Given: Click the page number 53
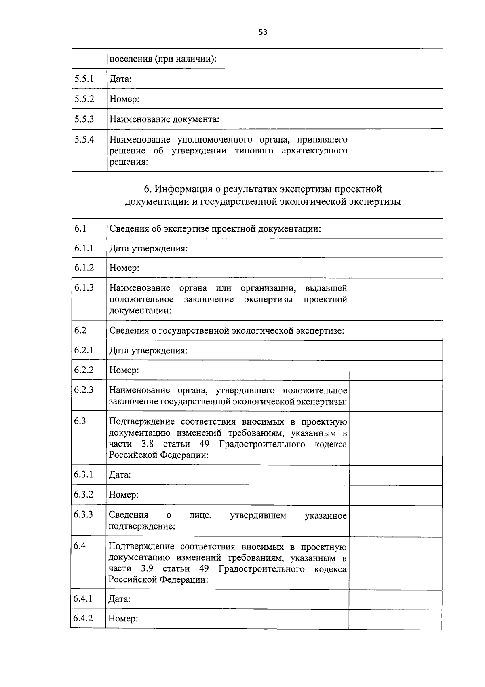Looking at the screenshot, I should coord(263,32).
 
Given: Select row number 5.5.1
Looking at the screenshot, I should coord(84,79).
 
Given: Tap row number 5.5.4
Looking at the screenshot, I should coord(84,139).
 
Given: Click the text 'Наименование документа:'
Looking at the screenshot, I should coord(164,119).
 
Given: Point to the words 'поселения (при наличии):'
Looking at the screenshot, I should coord(163,59).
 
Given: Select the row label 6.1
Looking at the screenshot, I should coord(80,228).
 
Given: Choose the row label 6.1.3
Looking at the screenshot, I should coord(84,287).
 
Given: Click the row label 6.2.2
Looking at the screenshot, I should coord(84,370).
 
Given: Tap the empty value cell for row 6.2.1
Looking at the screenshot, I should coord(396,350).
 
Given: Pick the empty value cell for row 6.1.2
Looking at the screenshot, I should coord(396,268).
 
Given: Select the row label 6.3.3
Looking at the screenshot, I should coord(83,514).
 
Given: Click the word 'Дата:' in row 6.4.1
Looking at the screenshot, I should coord(119,599).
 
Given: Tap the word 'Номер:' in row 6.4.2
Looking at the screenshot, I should coord(123,619).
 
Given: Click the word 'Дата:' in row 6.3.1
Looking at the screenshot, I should coord(120,474).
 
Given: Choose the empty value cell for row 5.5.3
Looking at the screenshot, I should coord(396,119).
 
